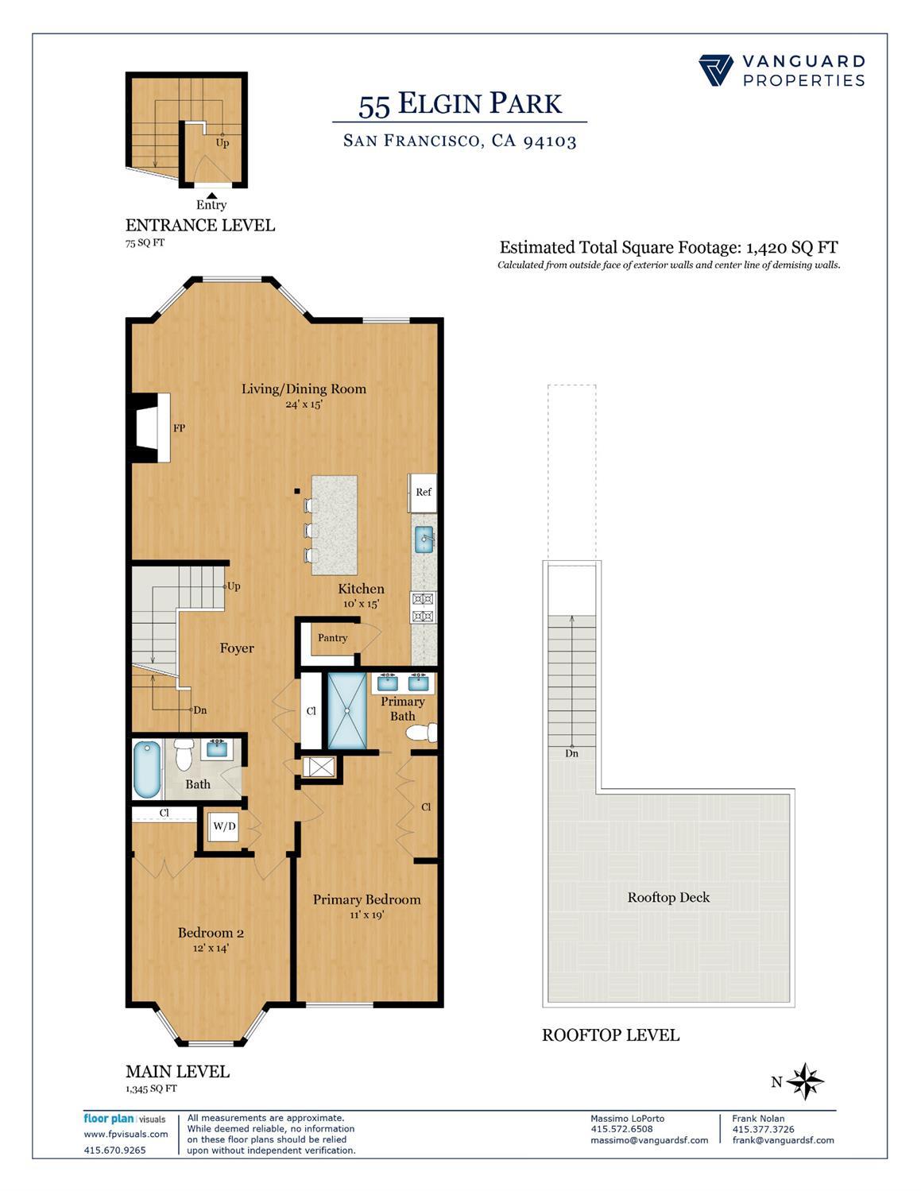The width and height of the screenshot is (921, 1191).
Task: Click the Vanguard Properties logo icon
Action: [716, 70]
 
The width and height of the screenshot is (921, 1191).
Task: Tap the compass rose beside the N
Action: [807, 1081]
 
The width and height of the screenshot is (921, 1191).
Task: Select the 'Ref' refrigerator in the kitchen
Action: [423, 493]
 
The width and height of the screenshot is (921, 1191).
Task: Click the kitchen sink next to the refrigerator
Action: [424, 539]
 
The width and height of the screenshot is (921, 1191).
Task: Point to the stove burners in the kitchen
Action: [423, 607]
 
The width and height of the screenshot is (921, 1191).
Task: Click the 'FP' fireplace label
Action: [180, 428]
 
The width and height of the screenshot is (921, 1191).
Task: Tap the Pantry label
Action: [332, 638]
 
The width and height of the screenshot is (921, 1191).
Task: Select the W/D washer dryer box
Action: [224, 827]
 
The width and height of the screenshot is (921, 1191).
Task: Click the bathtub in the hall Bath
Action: [147, 768]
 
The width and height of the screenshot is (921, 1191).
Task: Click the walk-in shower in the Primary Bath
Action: [347, 711]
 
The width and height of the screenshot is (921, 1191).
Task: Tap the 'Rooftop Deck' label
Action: [668, 897]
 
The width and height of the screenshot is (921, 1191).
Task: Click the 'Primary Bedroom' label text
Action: [366, 899]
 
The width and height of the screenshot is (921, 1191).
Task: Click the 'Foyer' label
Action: [237, 648]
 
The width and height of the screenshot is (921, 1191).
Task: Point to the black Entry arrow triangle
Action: [211, 195]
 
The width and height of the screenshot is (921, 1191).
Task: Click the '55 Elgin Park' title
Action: [459, 104]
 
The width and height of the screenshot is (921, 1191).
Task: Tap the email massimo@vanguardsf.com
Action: [648, 1140]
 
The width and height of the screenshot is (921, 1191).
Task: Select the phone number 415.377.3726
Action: [763, 1129]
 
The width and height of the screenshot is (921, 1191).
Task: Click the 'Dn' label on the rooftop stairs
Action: [571, 753]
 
